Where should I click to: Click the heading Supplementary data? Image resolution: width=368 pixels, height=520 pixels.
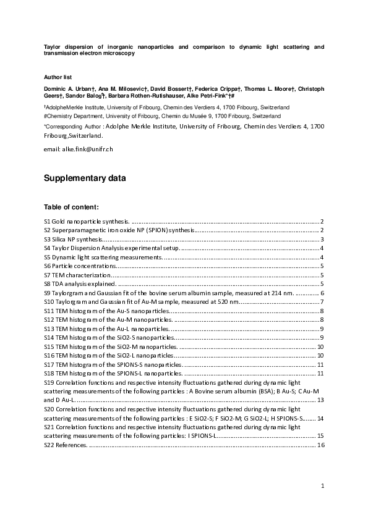[85, 179]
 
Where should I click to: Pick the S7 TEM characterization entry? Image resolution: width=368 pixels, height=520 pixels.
[78, 274]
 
